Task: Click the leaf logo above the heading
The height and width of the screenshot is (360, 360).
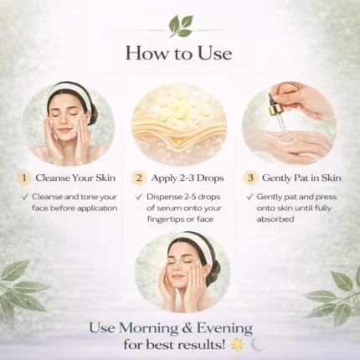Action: (x=181, y=26)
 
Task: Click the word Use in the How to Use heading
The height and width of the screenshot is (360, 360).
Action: (x=215, y=53)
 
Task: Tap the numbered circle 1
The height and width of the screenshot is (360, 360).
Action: (x=24, y=177)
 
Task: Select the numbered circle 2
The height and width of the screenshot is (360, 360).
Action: (x=139, y=177)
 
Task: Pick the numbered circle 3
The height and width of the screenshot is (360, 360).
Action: (x=250, y=177)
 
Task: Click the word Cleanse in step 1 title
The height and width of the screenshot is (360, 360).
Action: (x=52, y=177)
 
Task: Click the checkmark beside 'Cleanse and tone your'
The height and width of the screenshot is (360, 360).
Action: (x=25, y=197)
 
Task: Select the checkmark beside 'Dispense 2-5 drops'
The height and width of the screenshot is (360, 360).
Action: (x=139, y=197)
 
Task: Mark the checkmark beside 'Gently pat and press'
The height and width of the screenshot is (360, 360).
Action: (x=249, y=197)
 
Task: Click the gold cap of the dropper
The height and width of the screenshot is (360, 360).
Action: (x=274, y=110)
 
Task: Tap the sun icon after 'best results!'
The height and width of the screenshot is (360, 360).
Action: (x=237, y=345)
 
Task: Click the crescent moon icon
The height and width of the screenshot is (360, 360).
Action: (x=257, y=345)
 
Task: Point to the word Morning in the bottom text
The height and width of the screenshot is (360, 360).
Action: (x=149, y=328)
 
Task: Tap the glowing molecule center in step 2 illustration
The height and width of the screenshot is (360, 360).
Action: (x=178, y=111)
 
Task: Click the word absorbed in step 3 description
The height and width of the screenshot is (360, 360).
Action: (x=275, y=219)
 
